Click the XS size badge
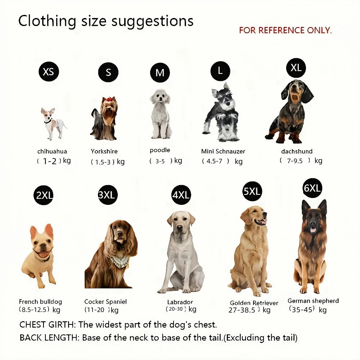[x=48, y=71]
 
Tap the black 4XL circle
[x=181, y=195]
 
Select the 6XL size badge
[x=312, y=188]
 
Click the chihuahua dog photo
[x=53, y=123]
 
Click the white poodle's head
[x=160, y=96]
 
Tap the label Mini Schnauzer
[x=223, y=152]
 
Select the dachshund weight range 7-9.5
[x=294, y=161]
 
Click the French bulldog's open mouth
[x=44, y=255]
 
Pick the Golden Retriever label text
[x=254, y=303]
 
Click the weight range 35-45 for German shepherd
[x=302, y=309]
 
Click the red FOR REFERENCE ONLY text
[x=285, y=30]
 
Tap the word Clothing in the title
[x=47, y=21]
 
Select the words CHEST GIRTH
[x=47, y=324]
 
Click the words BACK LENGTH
[x=49, y=338]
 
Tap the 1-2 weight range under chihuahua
[x=50, y=161]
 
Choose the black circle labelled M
[x=160, y=73]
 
